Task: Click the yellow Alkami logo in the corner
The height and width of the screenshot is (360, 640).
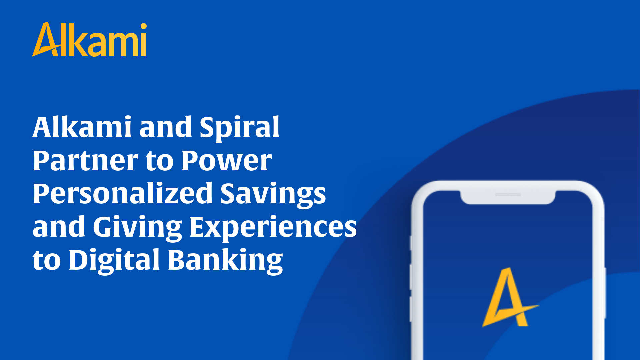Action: click(x=89, y=40)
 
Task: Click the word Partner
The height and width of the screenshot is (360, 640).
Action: click(x=86, y=161)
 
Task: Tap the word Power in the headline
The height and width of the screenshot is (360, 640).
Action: click(x=227, y=161)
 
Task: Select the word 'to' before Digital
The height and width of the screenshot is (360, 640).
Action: click(x=47, y=261)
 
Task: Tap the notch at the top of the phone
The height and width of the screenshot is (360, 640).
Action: click(x=508, y=197)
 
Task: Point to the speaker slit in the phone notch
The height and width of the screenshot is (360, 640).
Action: click(x=508, y=194)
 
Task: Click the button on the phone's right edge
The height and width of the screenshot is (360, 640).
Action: click(x=605, y=293)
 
